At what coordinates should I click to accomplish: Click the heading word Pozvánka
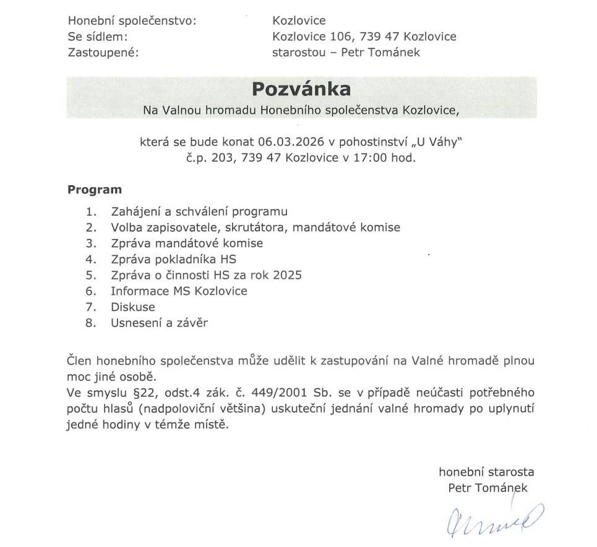pos(301,89)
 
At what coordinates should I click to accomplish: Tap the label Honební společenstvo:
pos(132,21)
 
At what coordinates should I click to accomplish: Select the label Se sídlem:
pos(97,37)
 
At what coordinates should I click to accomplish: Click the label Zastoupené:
pos(103,52)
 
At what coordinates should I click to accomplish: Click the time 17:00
pos(370,157)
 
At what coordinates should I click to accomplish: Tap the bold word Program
pos(95,190)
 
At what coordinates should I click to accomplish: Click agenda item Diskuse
pos(133,307)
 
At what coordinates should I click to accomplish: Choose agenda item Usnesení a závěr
pos(160,323)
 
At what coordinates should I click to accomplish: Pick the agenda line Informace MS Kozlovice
pos(179,291)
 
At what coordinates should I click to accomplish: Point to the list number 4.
pos(92,259)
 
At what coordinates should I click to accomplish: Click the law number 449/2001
pos(367,393)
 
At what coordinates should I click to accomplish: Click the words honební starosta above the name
pos(486,471)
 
